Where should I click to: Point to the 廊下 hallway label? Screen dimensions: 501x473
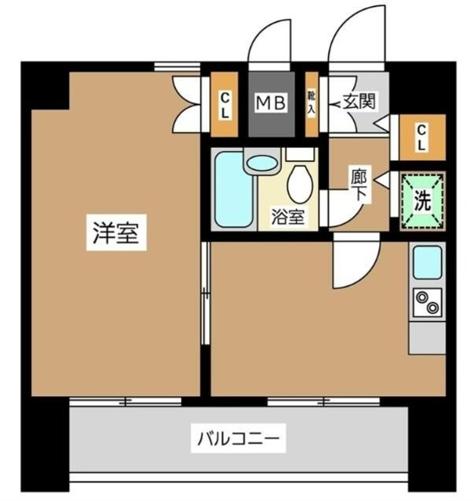coord(358,186)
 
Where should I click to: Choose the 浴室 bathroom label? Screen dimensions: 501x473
coord(287,218)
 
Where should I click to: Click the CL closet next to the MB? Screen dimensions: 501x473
coord(224,104)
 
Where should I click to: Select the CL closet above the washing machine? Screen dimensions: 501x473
coord(421,137)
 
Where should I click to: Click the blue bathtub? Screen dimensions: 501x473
coord(232,191)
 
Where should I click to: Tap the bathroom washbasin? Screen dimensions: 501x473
coord(262,163)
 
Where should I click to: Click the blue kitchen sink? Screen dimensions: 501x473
coord(428,261)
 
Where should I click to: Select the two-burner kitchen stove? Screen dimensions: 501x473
coord(428,302)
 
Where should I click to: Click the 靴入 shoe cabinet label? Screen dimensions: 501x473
coord(311,103)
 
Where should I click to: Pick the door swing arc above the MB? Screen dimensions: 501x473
coord(268,43)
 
